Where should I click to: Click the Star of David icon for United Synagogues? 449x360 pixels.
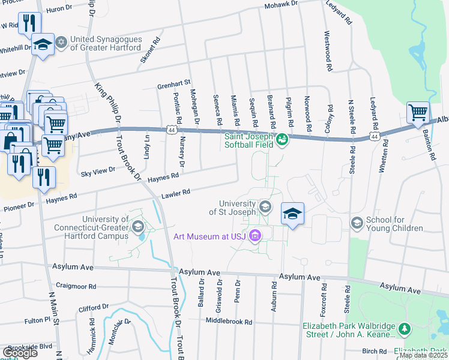click(60, 43)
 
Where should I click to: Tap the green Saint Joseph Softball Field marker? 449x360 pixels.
click(282, 140)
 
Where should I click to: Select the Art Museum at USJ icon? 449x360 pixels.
click(256, 236)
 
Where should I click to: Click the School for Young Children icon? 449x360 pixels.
click(357, 223)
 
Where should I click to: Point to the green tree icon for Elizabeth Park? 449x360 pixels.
click(405, 329)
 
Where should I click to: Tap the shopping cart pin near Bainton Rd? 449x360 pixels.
click(418, 112)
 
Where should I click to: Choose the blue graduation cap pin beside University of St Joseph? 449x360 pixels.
click(292, 214)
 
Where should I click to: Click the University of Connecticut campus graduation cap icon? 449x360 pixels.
click(138, 226)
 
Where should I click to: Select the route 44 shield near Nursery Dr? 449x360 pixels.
click(172, 129)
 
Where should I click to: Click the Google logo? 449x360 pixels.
click(20, 352)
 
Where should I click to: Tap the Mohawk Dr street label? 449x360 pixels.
click(281, 8)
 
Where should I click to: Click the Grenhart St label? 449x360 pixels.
click(174, 82)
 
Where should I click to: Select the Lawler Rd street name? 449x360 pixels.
click(175, 194)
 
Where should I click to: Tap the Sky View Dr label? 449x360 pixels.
click(97, 171)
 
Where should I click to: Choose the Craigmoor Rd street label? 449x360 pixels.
click(76, 286)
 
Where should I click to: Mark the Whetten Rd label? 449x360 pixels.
click(382, 157)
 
